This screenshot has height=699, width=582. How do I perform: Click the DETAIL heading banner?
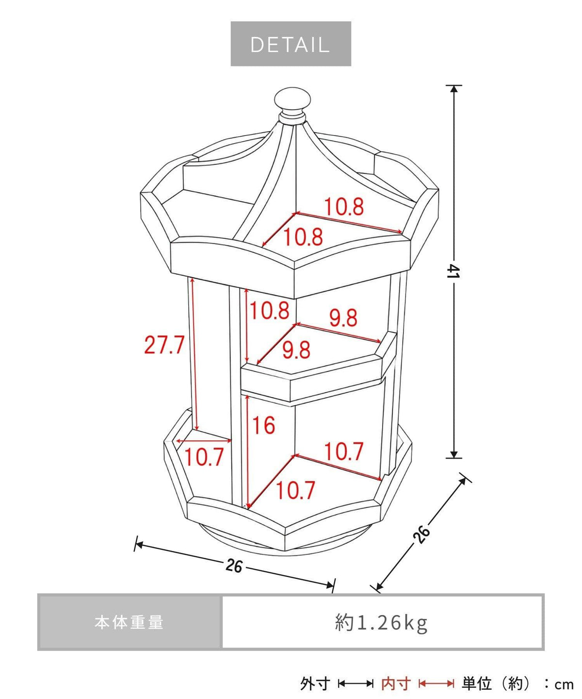pyautogui.click(x=291, y=44)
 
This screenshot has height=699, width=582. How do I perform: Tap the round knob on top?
pyautogui.click(x=292, y=100)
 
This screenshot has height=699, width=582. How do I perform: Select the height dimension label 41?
pyautogui.click(x=454, y=271)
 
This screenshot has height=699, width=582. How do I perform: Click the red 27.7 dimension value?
pyautogui.click(x=164, y=345)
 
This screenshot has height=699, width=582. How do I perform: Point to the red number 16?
pyautogui.click(x=263, y=426)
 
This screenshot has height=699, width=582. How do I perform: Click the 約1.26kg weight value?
pyautogui.click(x=382, y=623)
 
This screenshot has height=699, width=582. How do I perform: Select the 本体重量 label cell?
pyautogui.click(x=129, y=623)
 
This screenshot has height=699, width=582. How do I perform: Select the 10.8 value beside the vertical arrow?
pyautogui.click(x=270, y=310)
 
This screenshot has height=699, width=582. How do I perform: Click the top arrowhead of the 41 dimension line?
pyautogui.click(x=454, y=89)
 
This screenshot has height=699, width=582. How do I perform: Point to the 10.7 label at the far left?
pyautogui.click(x=204, y=457)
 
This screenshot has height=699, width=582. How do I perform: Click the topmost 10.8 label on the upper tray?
pyautogui.click(x=344, y=207)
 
